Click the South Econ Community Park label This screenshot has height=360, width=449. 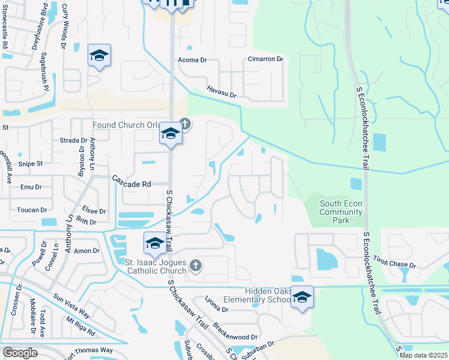tap(340, 212)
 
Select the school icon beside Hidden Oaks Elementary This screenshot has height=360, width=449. tap(303, 297)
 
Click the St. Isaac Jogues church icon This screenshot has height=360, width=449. tap(195, 265)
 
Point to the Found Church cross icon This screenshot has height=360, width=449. tap(185, 125)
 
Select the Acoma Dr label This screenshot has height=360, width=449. tap(192, 60)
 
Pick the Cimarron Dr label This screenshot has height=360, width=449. tap(265, 59)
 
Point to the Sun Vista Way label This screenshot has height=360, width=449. tap(71, 305)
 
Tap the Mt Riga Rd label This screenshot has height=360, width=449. tap(80, 328)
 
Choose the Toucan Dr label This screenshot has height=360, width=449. tap(32, 210)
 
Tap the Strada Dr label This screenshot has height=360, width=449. tap(75, 140)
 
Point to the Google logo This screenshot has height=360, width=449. tap(19, 353)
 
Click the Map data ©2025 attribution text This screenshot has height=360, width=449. tap(423, 355)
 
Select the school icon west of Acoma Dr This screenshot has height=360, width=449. tap(99, 56)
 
